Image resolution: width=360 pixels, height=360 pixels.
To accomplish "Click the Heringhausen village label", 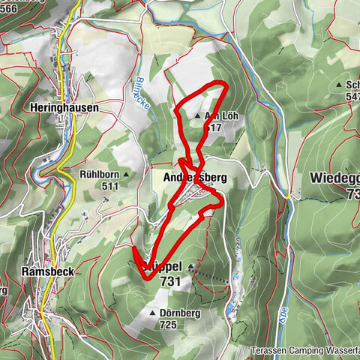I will click(x=66, y=108).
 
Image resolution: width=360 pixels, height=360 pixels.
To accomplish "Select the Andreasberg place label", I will click(x=194, y=177).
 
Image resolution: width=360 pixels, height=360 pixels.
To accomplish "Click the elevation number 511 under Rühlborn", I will click(x=110, y=185).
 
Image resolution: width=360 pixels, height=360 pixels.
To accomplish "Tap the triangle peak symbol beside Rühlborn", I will click(x=126, y=175).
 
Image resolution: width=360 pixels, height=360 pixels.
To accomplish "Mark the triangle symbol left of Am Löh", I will click(x=197, y=117).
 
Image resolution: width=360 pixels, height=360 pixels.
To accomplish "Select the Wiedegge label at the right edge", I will click(x=335, y=178).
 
